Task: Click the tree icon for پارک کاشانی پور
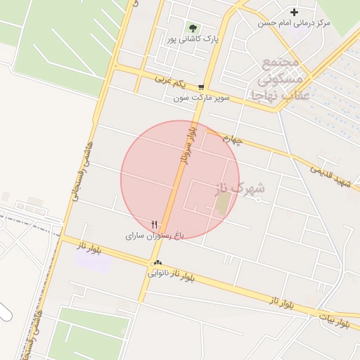coord(193,29)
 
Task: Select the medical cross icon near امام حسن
coord(294,12)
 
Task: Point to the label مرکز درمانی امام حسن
coord(294,23)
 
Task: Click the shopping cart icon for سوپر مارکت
coord(202,87)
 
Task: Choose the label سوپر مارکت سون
coord(202,98)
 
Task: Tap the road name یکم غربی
coord(173,80)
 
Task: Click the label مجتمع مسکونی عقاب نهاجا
coord(281,77)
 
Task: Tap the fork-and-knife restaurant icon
coord(155,224)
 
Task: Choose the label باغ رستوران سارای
coord(154,236)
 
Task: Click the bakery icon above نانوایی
coord(157,263)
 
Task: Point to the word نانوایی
coord(159,273)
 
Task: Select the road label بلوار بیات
coord(333,322)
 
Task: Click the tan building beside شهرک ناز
coord(223,204)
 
